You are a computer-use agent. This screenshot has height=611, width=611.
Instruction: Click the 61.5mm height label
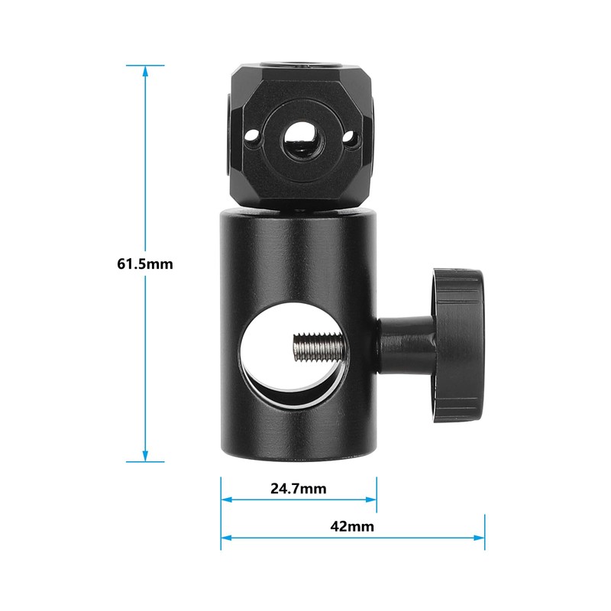click(145, 264)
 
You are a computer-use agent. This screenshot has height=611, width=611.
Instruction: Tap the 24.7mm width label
click(298, 488)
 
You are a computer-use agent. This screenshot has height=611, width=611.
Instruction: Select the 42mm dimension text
click(353, 526)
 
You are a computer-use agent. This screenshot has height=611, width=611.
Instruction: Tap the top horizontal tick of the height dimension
click(145, 65)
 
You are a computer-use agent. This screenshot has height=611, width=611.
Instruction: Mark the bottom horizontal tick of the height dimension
click(145, 461)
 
